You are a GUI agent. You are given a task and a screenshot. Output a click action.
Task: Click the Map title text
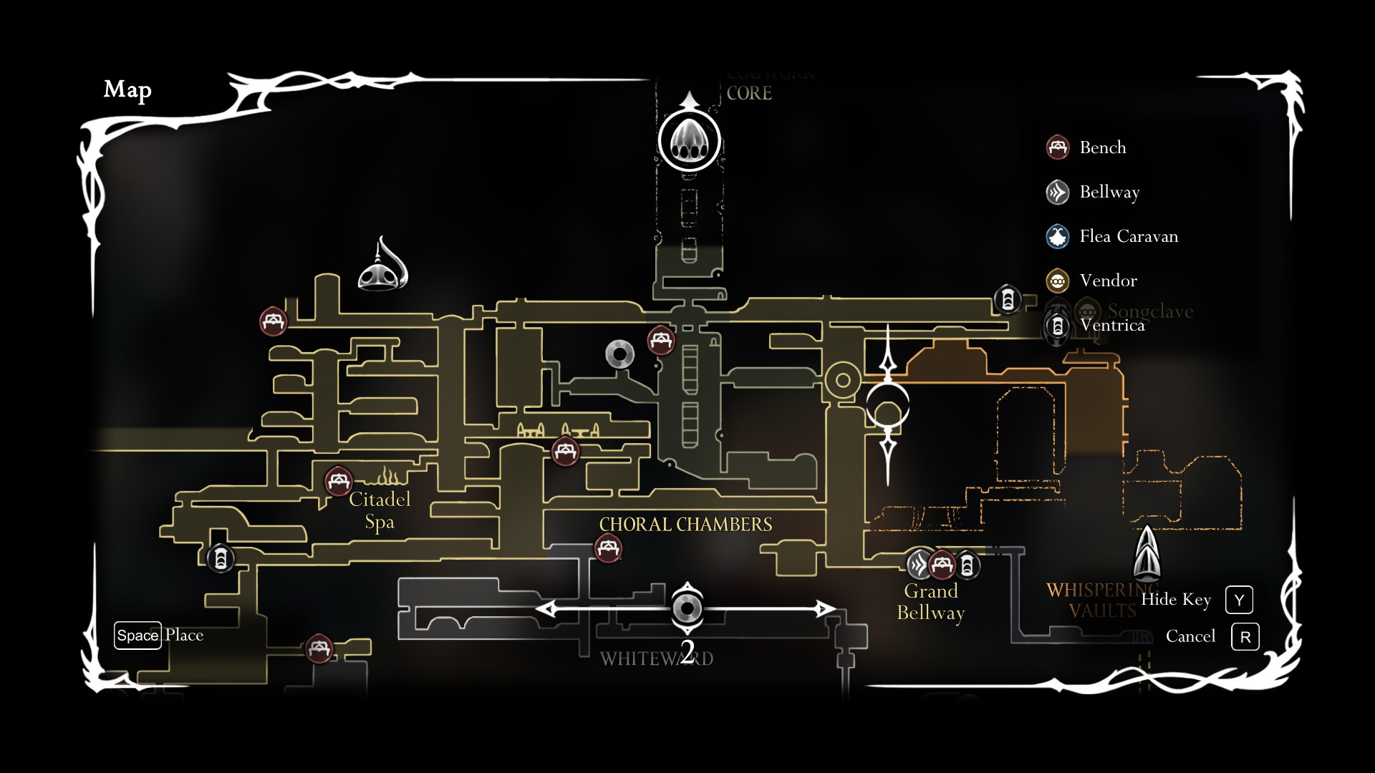point(127,89)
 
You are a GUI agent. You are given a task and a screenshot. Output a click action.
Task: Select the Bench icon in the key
point(1058,147)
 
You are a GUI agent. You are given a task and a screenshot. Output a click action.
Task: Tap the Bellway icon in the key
point(1058,192)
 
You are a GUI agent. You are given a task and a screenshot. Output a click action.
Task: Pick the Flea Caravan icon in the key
point(1058,236)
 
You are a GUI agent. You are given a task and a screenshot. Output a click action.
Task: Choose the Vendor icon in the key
point(1058,281)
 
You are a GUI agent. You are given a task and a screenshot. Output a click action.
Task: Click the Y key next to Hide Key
point(1239,600)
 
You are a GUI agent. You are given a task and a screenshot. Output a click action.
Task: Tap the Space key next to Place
point(137,636)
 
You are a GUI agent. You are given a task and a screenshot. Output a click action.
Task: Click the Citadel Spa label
point(380,510)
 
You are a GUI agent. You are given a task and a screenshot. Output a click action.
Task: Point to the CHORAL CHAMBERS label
point(685,525)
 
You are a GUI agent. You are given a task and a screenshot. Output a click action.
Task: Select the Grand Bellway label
point(931,602)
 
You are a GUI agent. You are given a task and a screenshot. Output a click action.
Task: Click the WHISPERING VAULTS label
point(1101,600)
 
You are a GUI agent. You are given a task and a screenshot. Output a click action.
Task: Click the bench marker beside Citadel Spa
point(338,481)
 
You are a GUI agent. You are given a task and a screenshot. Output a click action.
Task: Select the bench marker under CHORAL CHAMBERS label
point(608,549)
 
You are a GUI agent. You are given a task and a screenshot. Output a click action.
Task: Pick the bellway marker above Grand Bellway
point(919,565)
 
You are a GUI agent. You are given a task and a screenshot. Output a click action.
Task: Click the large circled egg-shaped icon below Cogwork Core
point(689,141)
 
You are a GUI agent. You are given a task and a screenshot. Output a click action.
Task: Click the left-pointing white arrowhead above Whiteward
point(546,609)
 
